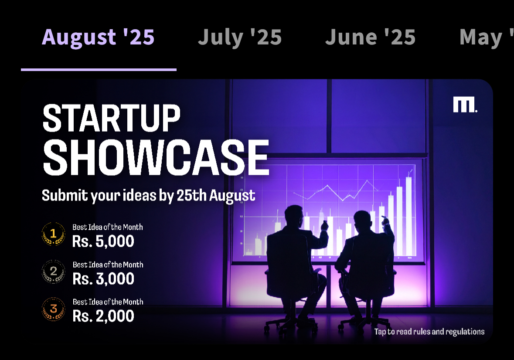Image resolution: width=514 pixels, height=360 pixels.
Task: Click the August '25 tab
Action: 98,37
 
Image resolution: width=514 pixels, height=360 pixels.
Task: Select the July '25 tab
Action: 240,37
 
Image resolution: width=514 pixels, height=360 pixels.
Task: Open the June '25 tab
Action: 371,37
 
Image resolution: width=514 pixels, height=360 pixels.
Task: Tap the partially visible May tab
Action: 487,37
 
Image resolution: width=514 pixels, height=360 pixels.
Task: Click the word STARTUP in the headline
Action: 112,118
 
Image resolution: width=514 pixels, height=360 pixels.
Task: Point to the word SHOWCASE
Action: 156,158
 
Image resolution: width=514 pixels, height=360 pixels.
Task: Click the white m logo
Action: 465,105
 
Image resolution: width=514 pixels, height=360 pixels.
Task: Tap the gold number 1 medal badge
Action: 54,234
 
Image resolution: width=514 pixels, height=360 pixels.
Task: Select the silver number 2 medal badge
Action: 54,271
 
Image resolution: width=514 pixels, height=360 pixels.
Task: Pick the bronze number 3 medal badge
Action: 54,309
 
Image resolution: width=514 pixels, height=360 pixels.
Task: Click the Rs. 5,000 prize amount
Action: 103,241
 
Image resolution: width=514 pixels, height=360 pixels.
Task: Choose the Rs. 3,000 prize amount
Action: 103,279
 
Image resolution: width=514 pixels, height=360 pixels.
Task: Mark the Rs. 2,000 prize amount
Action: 103,316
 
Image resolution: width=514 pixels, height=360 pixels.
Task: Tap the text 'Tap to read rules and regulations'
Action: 429,332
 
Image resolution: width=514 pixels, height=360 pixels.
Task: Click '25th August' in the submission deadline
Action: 216,196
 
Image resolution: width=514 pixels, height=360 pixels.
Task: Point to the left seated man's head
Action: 294,217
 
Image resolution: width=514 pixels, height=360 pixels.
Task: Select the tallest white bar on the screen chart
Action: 409,216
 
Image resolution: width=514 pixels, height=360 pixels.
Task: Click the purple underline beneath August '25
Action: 99,70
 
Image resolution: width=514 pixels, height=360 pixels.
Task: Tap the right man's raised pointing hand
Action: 385,221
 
